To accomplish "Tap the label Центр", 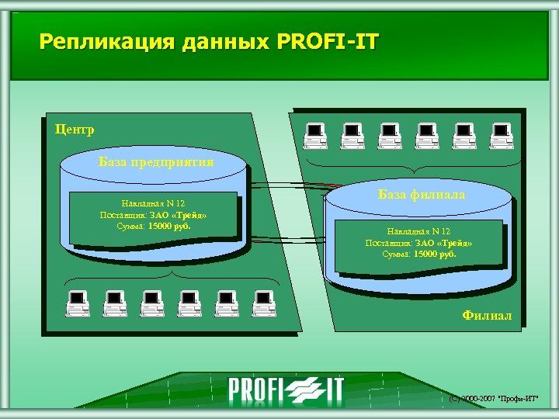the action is pos(75,129).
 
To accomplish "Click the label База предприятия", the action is pos(157,161).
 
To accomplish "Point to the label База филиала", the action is pos(422,195).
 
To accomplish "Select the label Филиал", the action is pos(487,315).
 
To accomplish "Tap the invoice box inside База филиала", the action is pos(418,242).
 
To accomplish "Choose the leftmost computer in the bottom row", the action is pos(77,303).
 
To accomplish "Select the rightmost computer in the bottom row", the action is pos(264,303).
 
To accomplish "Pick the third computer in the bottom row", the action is pos(152,303).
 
